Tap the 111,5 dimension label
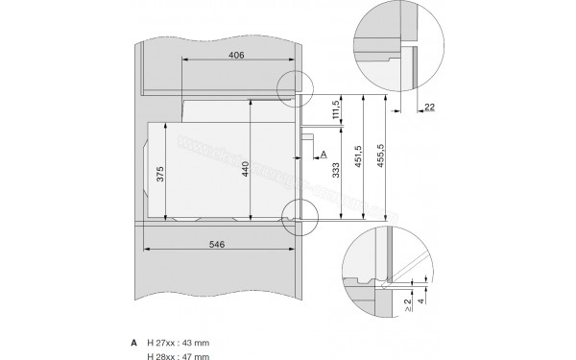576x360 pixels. (x=336, y=113)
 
